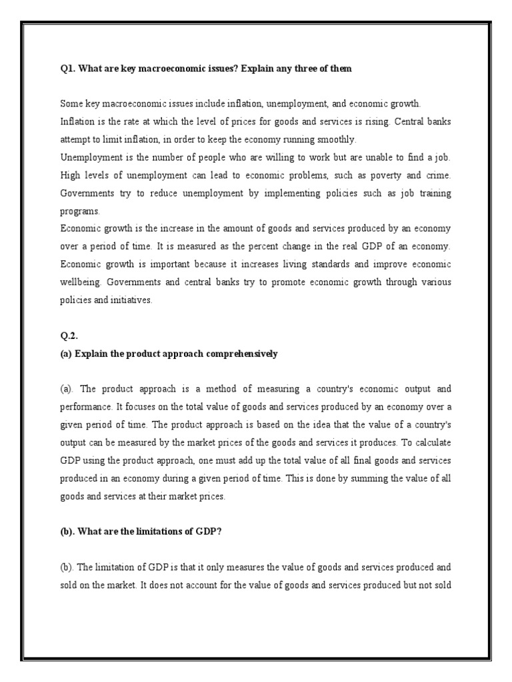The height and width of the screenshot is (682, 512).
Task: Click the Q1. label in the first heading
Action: (x=67, y=69)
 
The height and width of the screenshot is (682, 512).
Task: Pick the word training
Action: (x=433, y=193)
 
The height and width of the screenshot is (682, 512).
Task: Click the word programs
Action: (x=80, y=211)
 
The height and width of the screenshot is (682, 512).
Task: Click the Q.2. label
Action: (x=69, y=336)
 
